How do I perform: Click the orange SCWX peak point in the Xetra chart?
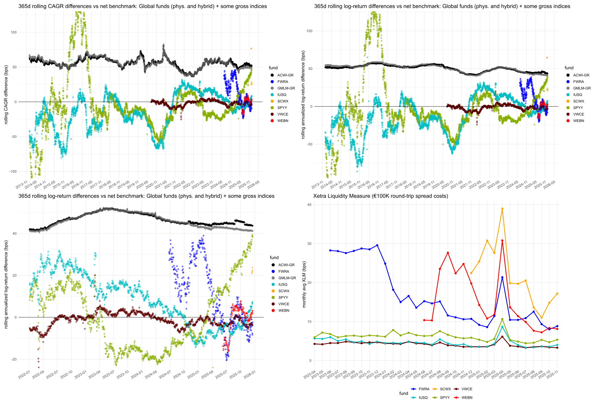[x=502, y=209]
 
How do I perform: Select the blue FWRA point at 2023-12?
[x=377, y=245]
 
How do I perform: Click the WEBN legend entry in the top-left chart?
[x=283, y=121]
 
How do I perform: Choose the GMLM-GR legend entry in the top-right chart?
[x=582, y=88]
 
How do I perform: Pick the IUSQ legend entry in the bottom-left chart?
[x=283, y=284]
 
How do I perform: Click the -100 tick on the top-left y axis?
[x=13, y=171]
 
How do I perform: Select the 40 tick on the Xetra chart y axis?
[x=309, y=205]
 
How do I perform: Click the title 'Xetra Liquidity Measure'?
[x=380, y=196]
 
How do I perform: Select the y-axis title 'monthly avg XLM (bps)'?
[x=304, y=284]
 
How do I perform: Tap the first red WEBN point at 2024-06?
[x=424, y=320]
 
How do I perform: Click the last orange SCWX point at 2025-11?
[x=557, y=294]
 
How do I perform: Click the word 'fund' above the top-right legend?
[x=569, y=68]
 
